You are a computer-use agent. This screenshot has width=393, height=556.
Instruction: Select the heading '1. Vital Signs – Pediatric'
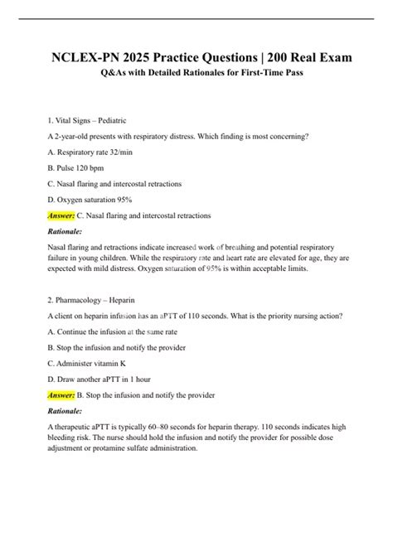[x=95, y=120]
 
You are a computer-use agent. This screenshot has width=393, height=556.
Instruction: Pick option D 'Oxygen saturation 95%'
[x=95, y=199]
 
